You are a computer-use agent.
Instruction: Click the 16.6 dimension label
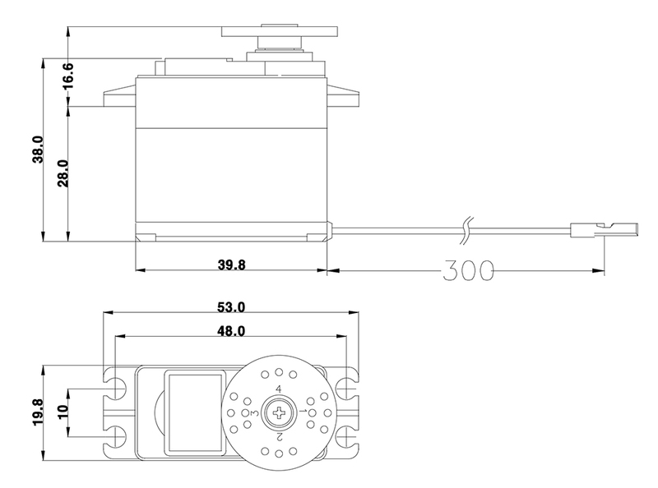67,76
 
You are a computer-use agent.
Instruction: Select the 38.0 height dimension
37,150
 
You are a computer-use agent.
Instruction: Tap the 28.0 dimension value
63,173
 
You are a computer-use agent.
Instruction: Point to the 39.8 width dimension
231,265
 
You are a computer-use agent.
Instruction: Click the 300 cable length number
469,270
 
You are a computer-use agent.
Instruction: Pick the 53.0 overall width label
231,307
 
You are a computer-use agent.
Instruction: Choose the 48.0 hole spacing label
231,331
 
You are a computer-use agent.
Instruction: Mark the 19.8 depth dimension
38,412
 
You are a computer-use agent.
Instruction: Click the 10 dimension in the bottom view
63,412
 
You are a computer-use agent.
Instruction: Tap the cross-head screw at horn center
279,413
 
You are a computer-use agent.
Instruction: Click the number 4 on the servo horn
278,389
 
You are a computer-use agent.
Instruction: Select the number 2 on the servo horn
279,437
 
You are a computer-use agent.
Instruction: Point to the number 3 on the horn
254,413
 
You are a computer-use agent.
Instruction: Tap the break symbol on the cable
466,230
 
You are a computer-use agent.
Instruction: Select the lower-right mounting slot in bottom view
347,437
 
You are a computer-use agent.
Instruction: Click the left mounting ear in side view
119,94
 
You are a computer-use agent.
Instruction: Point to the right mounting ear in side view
343,94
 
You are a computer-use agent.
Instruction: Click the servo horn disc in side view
280,32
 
